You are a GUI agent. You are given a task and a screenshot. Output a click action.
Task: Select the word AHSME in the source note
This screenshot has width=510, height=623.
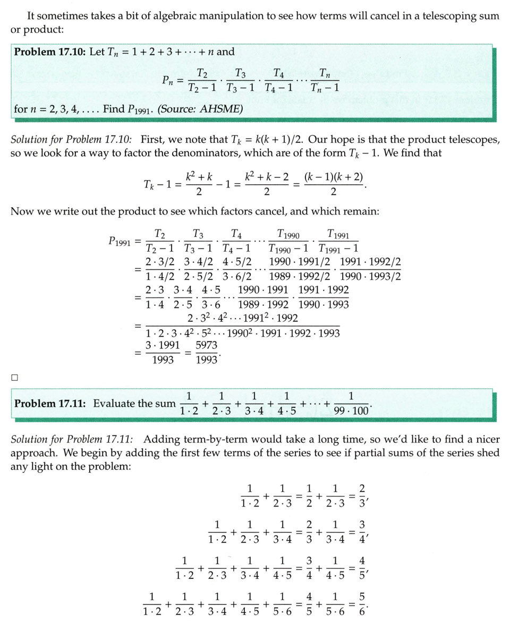pyautogui.click(x=223, y=109)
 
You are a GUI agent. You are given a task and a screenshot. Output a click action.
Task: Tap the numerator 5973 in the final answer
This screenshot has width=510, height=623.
pyautogui.click(x=206, y=345)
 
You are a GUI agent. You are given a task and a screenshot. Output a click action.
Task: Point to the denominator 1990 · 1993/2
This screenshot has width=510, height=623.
pyautogui.click(x=370, y=276)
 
